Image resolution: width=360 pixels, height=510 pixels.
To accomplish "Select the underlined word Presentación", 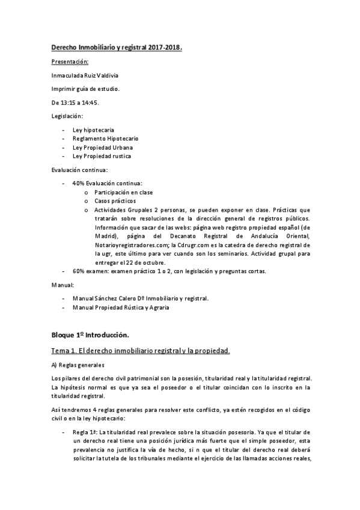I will [70, 62].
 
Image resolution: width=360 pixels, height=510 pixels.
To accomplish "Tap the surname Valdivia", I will [108, 76].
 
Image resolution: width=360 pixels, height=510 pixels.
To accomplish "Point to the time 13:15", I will [69, 103].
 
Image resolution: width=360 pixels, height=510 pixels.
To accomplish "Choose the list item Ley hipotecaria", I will [93, 130].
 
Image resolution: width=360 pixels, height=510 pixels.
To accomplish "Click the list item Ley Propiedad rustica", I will [102, 156].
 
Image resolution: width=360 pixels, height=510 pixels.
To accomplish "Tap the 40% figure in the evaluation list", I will [78, 183].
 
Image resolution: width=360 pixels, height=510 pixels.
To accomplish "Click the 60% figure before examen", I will [78, 271].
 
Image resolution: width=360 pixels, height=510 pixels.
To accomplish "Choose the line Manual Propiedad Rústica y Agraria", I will [120, 307].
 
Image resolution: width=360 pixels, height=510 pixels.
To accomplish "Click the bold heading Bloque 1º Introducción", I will [90, 334].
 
